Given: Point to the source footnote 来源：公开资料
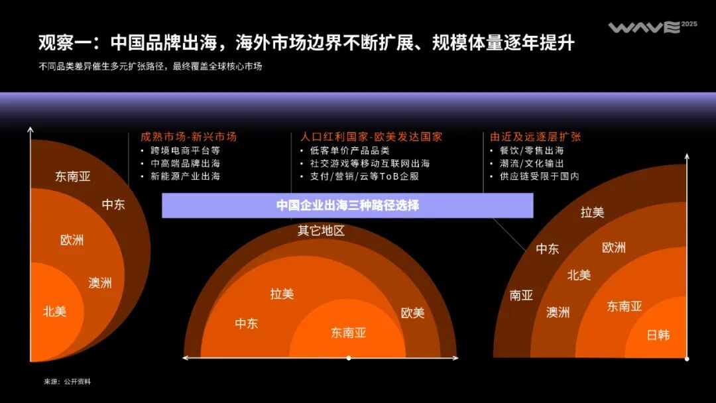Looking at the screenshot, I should click(68, 382).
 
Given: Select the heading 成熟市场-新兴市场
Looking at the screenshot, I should click(188, 137).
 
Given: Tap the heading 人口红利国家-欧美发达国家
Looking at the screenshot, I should click(371, 137).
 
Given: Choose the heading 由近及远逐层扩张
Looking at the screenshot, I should click(536, 137).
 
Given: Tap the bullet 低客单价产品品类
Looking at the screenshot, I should click(349, 150).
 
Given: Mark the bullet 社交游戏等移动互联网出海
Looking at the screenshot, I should click(369, 163).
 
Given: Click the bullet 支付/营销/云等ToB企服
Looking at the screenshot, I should click(364, 176).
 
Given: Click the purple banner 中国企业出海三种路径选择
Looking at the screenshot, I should click(347, 205).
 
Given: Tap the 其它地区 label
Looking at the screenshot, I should click(321, 231).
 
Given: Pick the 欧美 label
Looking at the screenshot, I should click(412, 313).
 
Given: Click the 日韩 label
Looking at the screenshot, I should click(658, 335).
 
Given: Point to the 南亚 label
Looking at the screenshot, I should click(521, 296).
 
